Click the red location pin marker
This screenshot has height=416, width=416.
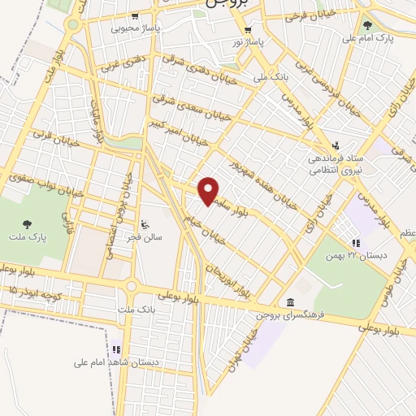209,191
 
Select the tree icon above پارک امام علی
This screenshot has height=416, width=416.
367,25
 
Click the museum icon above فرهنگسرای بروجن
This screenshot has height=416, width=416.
290,301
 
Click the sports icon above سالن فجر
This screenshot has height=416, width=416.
145,225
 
